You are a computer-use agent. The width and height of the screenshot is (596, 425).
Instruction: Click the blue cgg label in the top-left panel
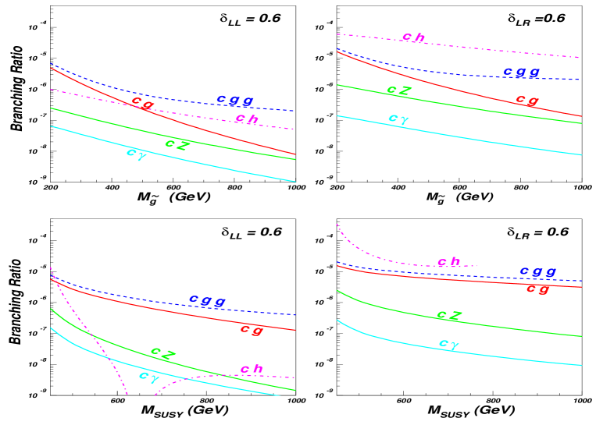pyautogui.click(x=234, y=101)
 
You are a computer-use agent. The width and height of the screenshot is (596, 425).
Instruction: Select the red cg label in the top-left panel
pyautogui.click(x=142, y=102)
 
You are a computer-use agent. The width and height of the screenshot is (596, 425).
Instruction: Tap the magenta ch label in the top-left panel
pyautogui.click(x=247, y=119)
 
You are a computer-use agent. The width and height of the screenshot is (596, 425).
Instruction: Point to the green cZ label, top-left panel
pyautogui.click(x=177, y=143)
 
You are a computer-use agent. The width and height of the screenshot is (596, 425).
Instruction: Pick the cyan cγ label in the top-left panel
pyautogui.click(x=137, y=153)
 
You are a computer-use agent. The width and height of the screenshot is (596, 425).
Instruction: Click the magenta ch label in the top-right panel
pyautogui.click(x=413, y=37)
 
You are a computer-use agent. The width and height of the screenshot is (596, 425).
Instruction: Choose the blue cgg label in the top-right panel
pyautogui.click(x=521, y=72)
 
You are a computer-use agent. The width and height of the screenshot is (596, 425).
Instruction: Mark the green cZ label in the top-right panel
pyautogui.click(x=398, y=90)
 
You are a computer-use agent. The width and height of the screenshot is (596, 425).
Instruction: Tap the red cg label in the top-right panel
pyautogui.click(x=526, y=100)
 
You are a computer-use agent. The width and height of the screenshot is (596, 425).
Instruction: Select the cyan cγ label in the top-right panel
pyautogui.click(x=398, y=119)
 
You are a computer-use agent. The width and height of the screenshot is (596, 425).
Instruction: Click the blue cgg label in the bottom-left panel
pyautogui.click(x=207, y=300)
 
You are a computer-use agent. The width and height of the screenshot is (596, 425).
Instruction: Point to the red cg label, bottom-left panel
pyautogui.click(x=252, y=330)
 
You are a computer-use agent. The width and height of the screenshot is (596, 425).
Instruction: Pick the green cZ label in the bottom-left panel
pyautogui.click(x=162, y=352)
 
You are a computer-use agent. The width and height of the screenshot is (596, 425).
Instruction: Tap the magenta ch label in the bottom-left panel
pyautogui.click(x=252, y=369)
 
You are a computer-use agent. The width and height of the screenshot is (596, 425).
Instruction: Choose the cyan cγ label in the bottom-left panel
pyautogui.click(x=148, y=377)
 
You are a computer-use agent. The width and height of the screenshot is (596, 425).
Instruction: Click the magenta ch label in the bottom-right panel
pyautogui.click(x=449, y=262)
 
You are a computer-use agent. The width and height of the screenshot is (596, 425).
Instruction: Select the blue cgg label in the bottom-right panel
pyautogui.click(x=537, y=271)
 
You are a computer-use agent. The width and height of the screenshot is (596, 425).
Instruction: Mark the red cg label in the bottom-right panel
pyautogui.click(x=537, y=289)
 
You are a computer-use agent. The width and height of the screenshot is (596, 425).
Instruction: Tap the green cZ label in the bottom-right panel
pyautogui.click(x=449, y=316)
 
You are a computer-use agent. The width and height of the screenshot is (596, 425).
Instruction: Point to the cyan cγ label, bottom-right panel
pyautogui.click(x=449, y=343)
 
